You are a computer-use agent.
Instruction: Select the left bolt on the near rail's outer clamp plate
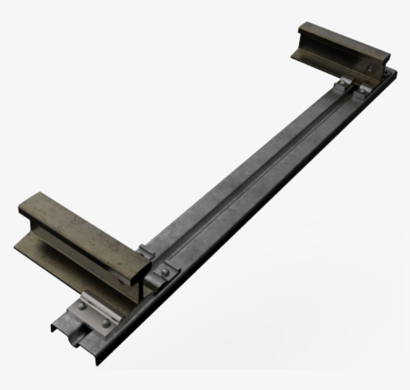81,305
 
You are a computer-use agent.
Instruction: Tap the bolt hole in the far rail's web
369,69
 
